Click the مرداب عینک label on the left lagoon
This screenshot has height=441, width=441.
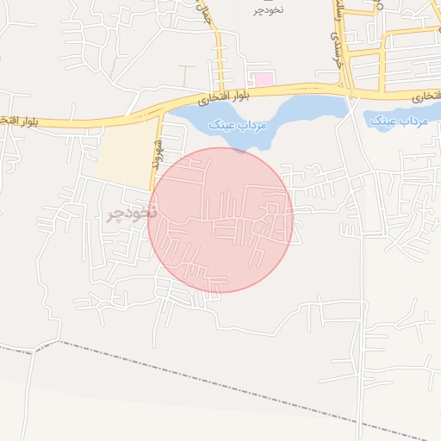pyautogui.click(x=238, y=125)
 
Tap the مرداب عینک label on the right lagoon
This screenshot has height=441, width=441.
pyautogui.click(x=399, y=122)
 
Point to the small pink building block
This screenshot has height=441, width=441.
pyautogui.click(x=264, y=79)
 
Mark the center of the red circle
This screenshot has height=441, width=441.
pyautogui.click(x=220, y=220)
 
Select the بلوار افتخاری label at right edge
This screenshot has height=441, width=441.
pyautogui.click(x=425, y=96)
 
